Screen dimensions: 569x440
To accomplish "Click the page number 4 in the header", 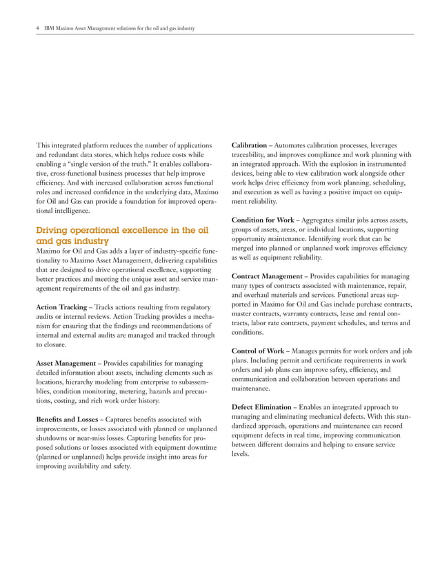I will [37, 28].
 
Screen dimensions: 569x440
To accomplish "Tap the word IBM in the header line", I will [50, 28].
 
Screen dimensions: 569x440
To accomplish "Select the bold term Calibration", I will [249, 146].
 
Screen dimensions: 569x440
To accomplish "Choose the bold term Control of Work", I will [259, 351].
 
